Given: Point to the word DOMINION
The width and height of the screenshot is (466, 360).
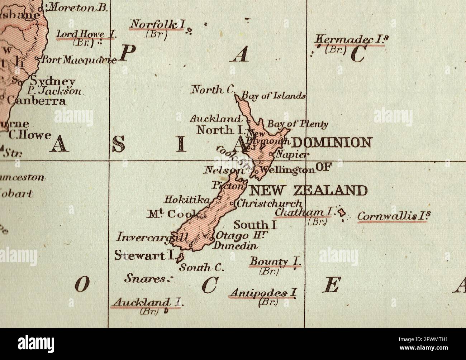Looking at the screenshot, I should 331,143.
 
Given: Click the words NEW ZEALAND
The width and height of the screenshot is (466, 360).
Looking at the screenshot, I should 308,190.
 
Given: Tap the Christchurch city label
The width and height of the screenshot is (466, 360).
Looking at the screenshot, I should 269,203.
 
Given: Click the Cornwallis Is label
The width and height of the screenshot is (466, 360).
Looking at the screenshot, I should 394,216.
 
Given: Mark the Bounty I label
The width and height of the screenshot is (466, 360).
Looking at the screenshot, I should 275,261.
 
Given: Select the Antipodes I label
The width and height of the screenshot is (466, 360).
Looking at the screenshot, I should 263,293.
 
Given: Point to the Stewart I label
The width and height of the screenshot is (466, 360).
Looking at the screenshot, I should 144,255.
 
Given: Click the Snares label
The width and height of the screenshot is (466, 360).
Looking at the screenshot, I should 146,278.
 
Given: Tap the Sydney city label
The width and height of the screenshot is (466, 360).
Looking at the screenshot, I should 53,81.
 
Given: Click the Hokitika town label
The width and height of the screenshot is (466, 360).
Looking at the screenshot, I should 187,200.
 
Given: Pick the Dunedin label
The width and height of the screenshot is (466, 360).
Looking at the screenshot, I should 236,246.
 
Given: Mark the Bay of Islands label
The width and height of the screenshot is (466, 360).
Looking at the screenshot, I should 273,96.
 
